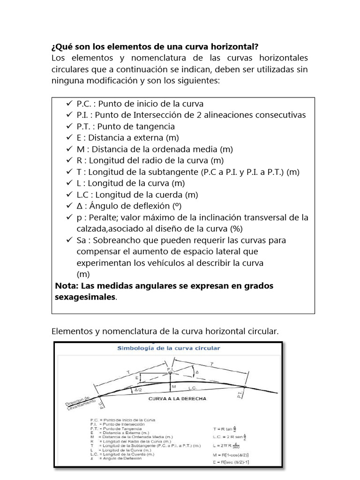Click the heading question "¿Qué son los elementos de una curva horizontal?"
click(154, 47)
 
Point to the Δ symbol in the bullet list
click(80, 206)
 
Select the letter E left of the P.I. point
click(136, 377)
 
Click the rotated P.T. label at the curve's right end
click(240, 396)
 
